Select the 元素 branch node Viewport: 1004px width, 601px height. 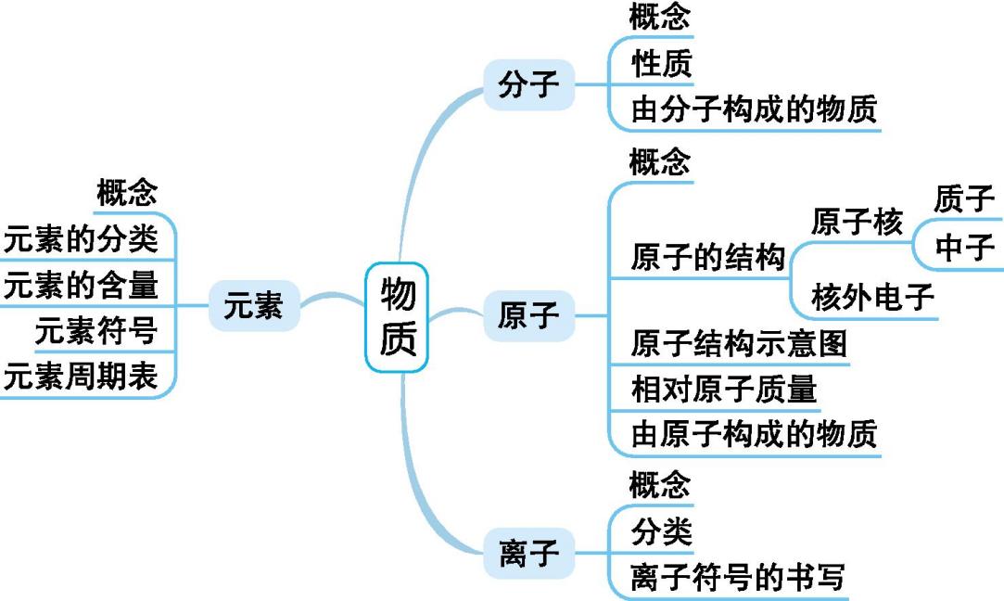coord(254,305)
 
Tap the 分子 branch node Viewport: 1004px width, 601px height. coord(528,85)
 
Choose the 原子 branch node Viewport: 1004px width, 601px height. coord(528,316)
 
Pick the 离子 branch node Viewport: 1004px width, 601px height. coord(528,554)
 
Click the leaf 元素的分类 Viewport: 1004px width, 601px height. coord(81,240)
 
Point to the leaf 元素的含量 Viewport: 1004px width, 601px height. coord(81,286)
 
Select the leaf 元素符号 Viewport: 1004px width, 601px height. coord(95,330)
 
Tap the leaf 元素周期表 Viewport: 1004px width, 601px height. coord(81,377)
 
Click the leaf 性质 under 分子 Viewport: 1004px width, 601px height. coord(661,65)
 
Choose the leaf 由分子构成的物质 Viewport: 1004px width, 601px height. coord(753,110)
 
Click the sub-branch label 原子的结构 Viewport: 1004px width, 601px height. coord(707,257)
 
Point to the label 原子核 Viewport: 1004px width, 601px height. coord(856,223)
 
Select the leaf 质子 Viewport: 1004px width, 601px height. coord(964,199)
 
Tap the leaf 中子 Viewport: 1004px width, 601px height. coord(964,247)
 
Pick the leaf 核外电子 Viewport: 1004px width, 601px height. coord(871,298)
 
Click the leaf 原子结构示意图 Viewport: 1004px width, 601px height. coord(738,344)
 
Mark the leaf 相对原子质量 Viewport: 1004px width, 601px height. coord(723,389)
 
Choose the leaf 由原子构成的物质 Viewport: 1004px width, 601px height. coord(753,434)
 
